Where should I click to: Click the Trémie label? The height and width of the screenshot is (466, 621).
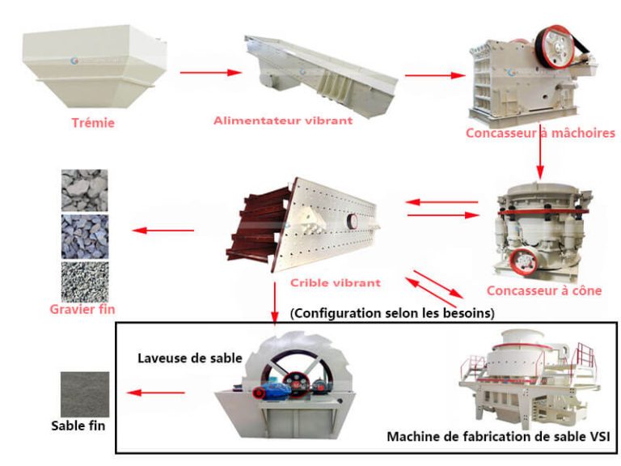(x=93, y=123)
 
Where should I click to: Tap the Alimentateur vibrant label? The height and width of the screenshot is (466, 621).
(x=283, y=121)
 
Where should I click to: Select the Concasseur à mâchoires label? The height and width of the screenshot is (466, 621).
(x=540, y=133)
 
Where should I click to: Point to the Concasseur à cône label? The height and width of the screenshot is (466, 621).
(x=543, y=290)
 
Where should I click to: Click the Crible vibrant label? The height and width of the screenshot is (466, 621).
(x=335, y=282)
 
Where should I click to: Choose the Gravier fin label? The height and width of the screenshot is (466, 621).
(x=82, y=309)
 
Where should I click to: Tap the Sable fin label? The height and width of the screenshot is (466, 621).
(x=78, y=426)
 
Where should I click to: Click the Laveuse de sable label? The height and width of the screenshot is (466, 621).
(x=190, y=358)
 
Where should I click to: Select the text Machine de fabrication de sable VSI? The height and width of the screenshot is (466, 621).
(x=498, y=436)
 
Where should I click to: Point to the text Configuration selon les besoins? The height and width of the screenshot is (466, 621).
(x=392, y=313)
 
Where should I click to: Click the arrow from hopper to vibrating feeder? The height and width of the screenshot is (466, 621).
(x=211, y=73)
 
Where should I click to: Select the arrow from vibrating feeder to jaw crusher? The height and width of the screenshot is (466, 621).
(x=435, y=75)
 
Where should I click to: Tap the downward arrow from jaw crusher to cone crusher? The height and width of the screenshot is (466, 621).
(x=540, y=153)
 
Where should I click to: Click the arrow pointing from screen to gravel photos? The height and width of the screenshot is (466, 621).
(x=163, y=231)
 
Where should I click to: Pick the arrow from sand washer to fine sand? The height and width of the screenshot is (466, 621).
(x=155, y=392)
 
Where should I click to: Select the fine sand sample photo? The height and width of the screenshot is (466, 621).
(x=85, y=394)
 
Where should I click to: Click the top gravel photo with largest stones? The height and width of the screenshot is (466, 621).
(x=84, y=190)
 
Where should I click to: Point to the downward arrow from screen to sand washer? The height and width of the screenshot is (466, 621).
(x=274, y=303)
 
